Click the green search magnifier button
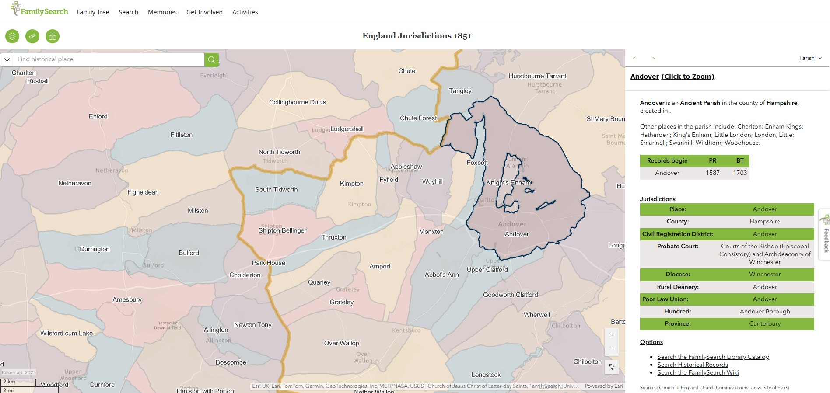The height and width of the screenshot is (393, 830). coord(211,59)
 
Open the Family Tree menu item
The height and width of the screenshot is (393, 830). coord(93,12)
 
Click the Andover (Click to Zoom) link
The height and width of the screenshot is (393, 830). coord(672,77)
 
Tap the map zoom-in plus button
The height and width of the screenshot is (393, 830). coord(612,335)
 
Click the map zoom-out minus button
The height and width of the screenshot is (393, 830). coord(612,349)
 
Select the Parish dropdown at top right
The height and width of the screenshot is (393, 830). coord(810,58)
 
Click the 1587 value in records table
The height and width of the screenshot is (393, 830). coord(712,173)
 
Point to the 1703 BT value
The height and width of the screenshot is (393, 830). coord(740,173)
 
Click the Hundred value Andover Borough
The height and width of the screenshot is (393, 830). coord(764,312)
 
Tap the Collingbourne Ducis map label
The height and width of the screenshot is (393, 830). coord(297,102)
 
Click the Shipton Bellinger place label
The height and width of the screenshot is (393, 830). coord(282,230)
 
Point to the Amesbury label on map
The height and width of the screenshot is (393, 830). coord(127,300)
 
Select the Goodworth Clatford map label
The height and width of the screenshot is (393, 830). coord(510,295)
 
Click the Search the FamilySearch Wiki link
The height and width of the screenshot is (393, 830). coord(698,373)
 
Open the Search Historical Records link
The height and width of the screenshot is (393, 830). coord(692,365)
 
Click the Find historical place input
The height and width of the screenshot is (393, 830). coord(109,59)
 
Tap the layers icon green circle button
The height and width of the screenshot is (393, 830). coord(12,36)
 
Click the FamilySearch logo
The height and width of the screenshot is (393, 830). coord(39,10)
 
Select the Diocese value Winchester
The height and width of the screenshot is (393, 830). coord(764,275)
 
